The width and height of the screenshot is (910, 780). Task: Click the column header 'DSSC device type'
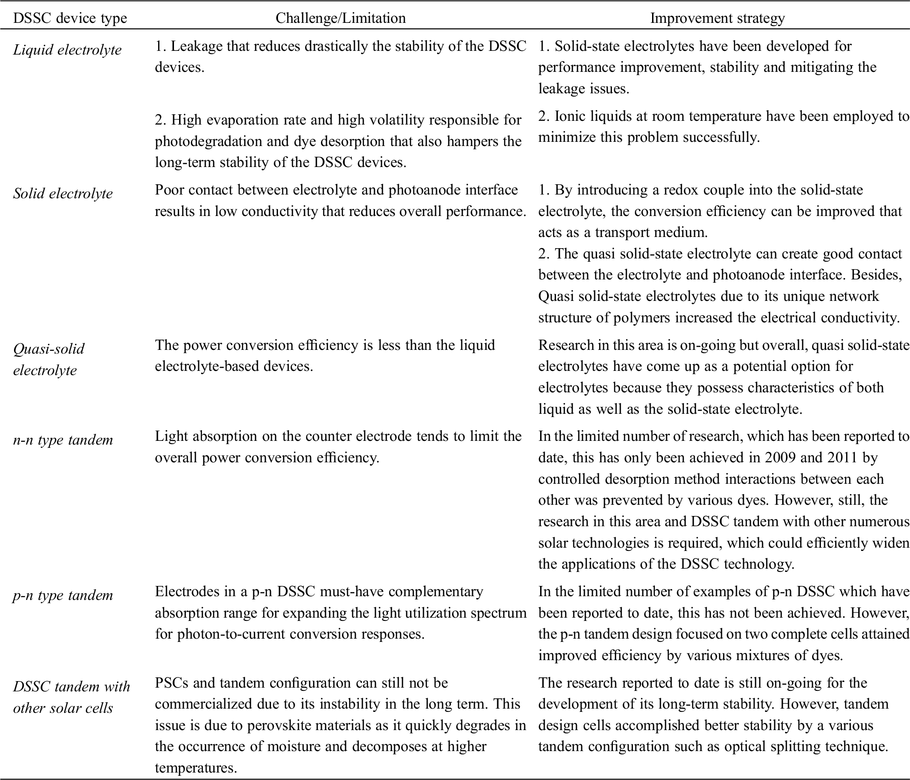tap(70, 18)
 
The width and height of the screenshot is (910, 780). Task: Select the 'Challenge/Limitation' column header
tap(340, 18)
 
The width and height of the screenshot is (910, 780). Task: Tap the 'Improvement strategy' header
tap(717, 18)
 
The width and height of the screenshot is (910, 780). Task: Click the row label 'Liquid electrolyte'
tap(67, 50)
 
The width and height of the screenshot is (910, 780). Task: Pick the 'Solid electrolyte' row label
tap(63, 194)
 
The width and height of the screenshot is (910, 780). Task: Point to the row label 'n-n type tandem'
tap(63, 440)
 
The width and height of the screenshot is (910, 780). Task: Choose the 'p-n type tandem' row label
tap(63, 595)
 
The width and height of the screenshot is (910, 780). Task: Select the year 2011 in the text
tap(842, 457)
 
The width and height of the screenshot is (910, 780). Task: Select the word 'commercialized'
tap(204, 704)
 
